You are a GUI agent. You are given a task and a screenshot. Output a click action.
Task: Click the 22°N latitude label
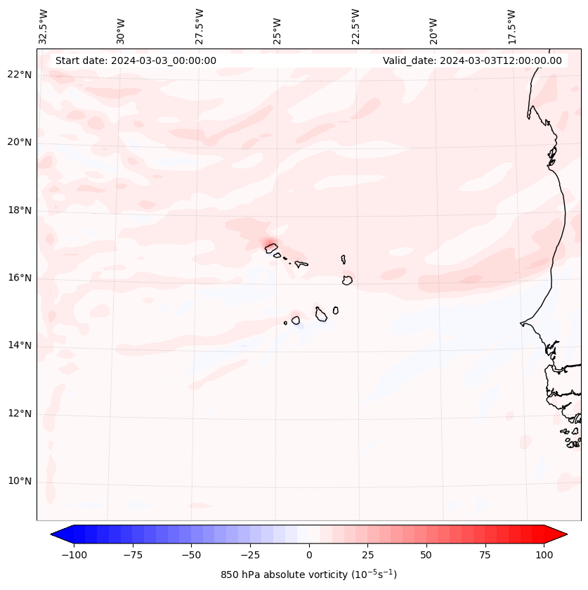pos(20,75)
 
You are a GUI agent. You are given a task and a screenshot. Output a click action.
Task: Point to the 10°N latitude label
pos(20,481)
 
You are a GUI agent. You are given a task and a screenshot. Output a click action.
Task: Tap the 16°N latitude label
pos(20,278)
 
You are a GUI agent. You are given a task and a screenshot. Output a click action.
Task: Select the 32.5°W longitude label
pos(44,27)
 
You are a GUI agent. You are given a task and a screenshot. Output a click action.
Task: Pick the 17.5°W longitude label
pos(511,27)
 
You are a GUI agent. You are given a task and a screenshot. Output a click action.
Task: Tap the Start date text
pos(136,60)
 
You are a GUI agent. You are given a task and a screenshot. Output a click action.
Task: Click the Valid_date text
pos(472,60)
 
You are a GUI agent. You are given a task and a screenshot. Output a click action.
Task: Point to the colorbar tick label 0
pos(309,555)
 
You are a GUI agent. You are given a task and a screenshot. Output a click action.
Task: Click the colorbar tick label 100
pos(544,555)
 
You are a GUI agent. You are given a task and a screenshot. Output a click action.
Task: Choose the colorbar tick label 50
pos(426,555)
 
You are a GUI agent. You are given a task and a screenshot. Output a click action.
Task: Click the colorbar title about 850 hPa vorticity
pos(308,575)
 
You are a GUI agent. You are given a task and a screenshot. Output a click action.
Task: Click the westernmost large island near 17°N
pos(271,248)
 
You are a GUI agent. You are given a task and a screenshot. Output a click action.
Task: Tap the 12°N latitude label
pos(20,413)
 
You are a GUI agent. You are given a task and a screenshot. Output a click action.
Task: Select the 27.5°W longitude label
pos(200,27)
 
